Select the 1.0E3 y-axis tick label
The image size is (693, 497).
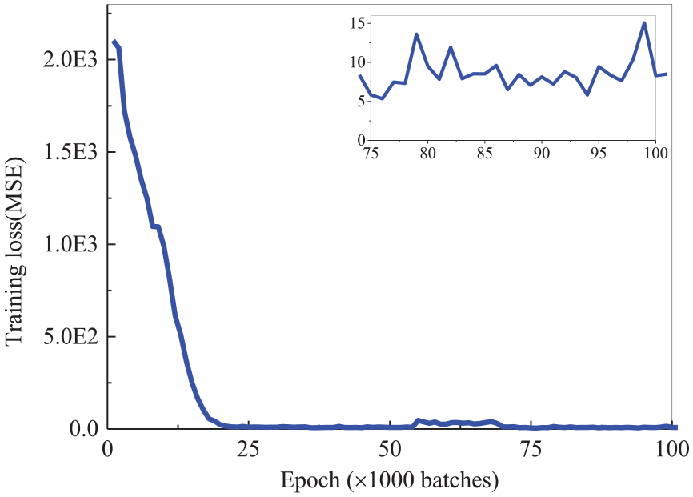click(73, 244)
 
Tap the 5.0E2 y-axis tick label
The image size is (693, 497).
click(73, 336)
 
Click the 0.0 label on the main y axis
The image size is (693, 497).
click(84, 429)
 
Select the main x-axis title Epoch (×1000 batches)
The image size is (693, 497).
click(390, 480)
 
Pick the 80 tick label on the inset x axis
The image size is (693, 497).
click(428, 152)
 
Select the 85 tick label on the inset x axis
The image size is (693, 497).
click(485, 152)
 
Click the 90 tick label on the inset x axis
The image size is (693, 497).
click(542, 152)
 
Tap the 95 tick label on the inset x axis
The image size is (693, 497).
click(599, 152)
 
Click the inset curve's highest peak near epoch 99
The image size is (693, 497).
click(644, 22)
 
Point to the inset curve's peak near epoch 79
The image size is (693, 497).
click(416, 34)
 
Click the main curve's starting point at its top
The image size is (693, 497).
click(114, 42)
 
